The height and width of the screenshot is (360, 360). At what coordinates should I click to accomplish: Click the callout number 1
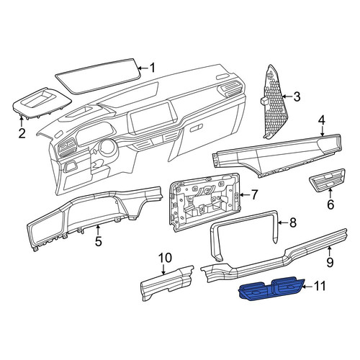[153, 68]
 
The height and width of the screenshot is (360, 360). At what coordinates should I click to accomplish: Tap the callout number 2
[22, 133]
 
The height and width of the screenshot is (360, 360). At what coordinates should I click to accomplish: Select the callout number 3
[297, 96]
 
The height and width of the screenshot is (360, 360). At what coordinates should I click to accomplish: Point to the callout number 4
[322, 120]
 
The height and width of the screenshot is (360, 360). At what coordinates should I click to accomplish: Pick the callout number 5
[99, 241]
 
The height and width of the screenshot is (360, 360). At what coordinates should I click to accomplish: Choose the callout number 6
[330, 204]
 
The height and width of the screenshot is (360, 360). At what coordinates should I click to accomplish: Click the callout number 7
[254, 194]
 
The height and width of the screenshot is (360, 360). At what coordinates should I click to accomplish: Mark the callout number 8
[293, 222]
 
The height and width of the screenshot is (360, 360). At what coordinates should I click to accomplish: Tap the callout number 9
[330, 262]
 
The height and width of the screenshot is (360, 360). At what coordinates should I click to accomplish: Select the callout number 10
[165, 258]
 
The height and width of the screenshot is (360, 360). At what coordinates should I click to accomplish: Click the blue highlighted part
[271, 289]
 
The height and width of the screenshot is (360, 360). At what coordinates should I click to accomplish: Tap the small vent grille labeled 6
[327, 180]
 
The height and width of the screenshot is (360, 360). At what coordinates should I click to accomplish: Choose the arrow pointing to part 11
[308, 287]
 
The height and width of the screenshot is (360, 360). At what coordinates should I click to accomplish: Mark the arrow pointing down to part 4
[322, 132]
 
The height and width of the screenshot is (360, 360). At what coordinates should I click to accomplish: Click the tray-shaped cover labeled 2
[42, 103]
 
